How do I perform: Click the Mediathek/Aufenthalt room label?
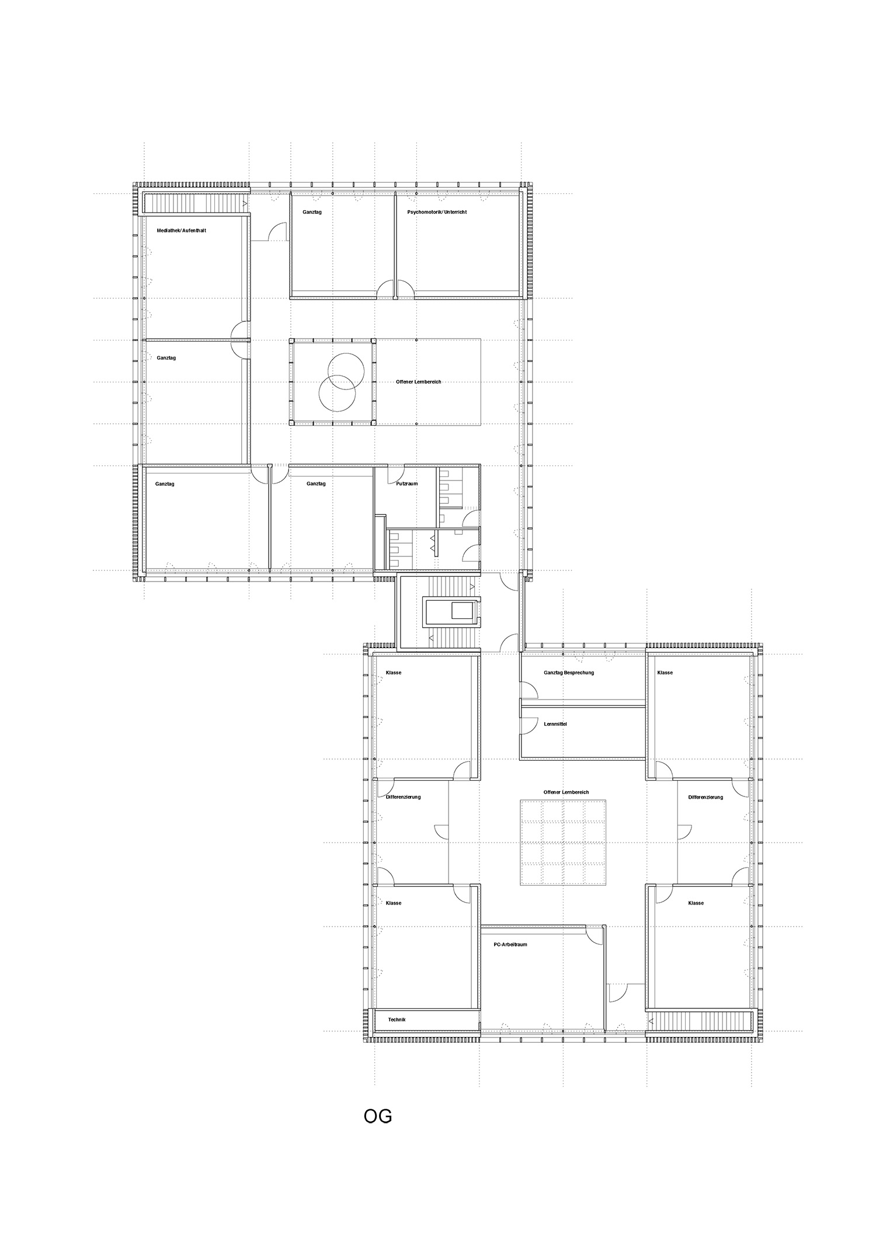coord(181,231)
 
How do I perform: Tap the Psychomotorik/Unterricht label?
coord(437,212)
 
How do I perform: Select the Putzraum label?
coord(406,483)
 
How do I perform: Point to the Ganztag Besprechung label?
coord(568,673)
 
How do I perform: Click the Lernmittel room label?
coord(555,724)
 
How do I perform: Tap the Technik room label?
coord(397,1019)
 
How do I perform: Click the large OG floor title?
coord(377,1116)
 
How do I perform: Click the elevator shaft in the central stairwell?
coord(453,612)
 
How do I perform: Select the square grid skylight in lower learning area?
coord(563,843)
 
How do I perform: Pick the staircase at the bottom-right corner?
coord(701,1021)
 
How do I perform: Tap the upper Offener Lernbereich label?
coord(418,382)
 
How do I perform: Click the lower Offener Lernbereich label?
coord(565,792)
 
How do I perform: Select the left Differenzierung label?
coord(403,797)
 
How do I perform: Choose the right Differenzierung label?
coord(705,797)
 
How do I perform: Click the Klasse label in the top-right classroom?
coord(665,673)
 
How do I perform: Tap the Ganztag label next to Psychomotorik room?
coord(312,212)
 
